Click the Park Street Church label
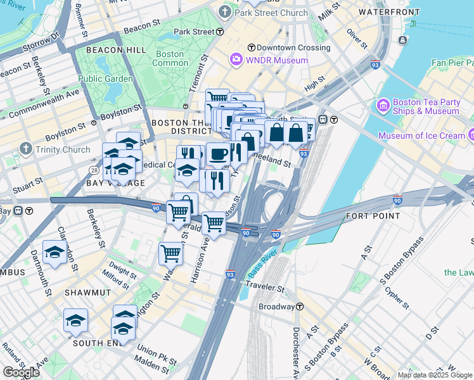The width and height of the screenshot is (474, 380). click(271, 13)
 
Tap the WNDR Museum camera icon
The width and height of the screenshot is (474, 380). click(236, 60)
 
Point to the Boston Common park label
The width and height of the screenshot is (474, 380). click(170, 59)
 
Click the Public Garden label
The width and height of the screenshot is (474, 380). click(106, 79)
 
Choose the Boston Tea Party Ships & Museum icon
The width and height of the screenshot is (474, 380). click(383, 104)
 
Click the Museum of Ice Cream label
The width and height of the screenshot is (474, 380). click(421, 136)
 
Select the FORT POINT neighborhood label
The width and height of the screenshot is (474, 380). click(373, 216)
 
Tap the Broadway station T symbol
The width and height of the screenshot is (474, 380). click(300, 307)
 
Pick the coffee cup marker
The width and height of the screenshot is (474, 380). click(218, 154)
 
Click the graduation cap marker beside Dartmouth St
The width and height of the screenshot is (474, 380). click(55, 253)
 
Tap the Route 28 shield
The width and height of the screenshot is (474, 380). click(94, 170)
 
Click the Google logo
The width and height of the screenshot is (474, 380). click(21, 372)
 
